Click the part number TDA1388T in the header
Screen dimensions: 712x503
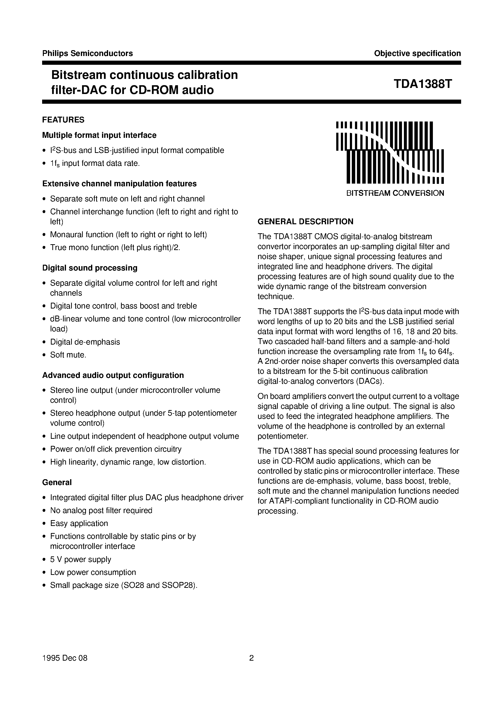coord(423,84)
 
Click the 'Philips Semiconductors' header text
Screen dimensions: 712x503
coord(87,53)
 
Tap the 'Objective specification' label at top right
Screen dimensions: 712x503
coord(417,53)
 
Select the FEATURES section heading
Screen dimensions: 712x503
coord(63,120)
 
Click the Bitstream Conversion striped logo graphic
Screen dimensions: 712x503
coord(390,152)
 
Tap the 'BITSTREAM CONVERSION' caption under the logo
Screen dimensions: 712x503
coord(395,193)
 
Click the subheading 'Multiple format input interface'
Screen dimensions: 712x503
coord(99,135)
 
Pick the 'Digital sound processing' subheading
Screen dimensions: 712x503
coord(90,268)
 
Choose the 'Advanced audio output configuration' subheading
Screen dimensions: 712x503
coord(113,375)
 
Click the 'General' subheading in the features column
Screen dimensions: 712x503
coord(57,482)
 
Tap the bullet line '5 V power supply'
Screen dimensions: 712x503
coord(81,559)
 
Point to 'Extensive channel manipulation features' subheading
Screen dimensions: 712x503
coord(119,184)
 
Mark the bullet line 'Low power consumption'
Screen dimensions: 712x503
coord(93,572)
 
